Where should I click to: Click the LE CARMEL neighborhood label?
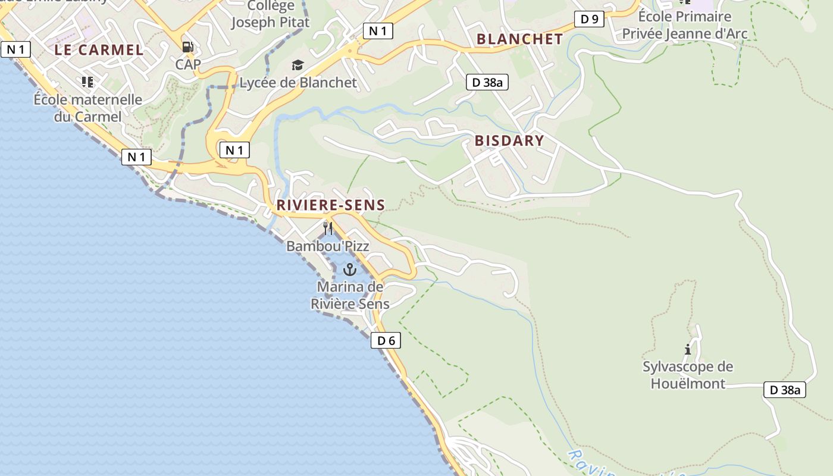pos(99,50)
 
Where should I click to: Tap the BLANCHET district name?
pos(519,39)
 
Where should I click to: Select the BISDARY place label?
pos(509,141)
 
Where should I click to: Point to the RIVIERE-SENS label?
pos(330,205)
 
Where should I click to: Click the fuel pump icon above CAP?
pos(188,47)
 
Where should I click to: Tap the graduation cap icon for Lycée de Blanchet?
pos(297,65)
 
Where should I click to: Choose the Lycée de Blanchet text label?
pos(298,83)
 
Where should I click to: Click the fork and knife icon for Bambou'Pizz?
pos(328,228)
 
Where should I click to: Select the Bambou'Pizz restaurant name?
pos(328,246)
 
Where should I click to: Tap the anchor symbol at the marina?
pos(350,270)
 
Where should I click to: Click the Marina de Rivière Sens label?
pos(350,295)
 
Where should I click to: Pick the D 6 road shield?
pos(386,340)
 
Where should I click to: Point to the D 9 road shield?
pos(589,19)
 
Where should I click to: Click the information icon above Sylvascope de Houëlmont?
pos(688,349)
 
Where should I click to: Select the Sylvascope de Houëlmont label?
pos(688,375)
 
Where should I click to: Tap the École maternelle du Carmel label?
pos(88,108)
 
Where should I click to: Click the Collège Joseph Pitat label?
pos(271,14)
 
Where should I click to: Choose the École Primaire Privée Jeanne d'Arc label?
pos(684,25)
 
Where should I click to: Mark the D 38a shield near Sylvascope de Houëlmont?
pos(785,390)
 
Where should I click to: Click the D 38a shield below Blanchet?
pos(487,82)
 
